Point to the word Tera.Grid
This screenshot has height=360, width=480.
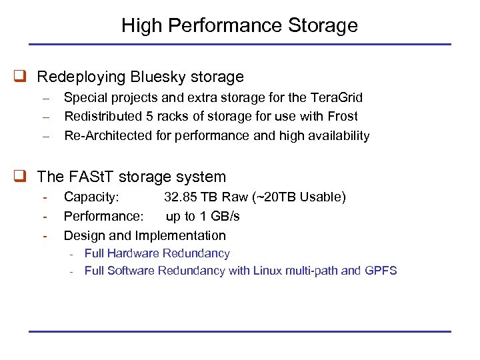(337, 98)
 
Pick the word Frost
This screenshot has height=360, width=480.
(343, 117)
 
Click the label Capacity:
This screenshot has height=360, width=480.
(91, 197)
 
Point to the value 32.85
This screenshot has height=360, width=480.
(182, 197)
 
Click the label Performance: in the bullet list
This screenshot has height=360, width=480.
(103, 217)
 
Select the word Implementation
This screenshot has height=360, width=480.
(181, 236)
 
